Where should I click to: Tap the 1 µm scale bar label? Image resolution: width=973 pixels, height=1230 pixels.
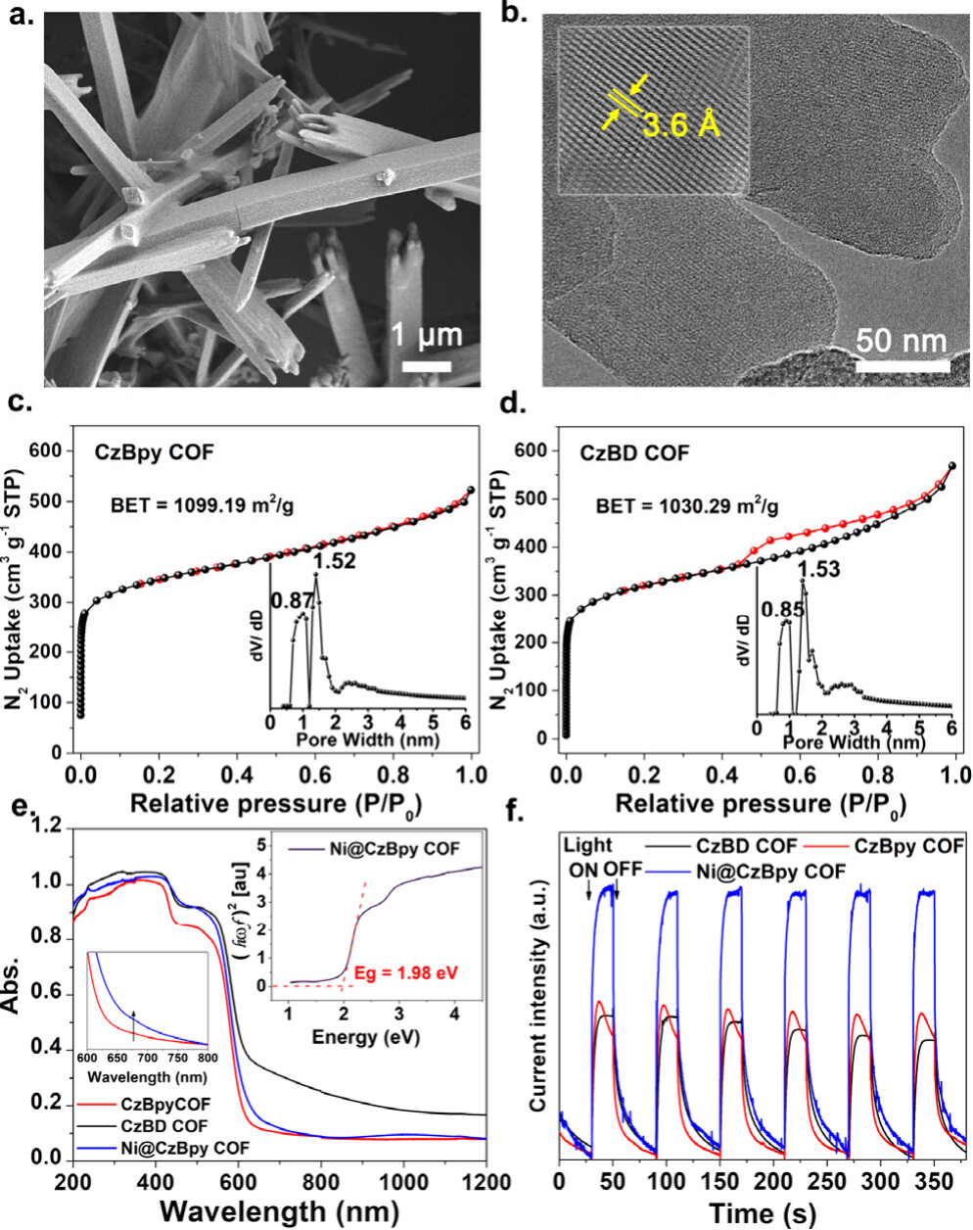coord(427,336)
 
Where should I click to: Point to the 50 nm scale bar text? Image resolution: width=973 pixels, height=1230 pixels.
coord(902,341)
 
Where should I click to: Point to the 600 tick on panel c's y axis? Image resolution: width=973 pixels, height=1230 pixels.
coord(51,450)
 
